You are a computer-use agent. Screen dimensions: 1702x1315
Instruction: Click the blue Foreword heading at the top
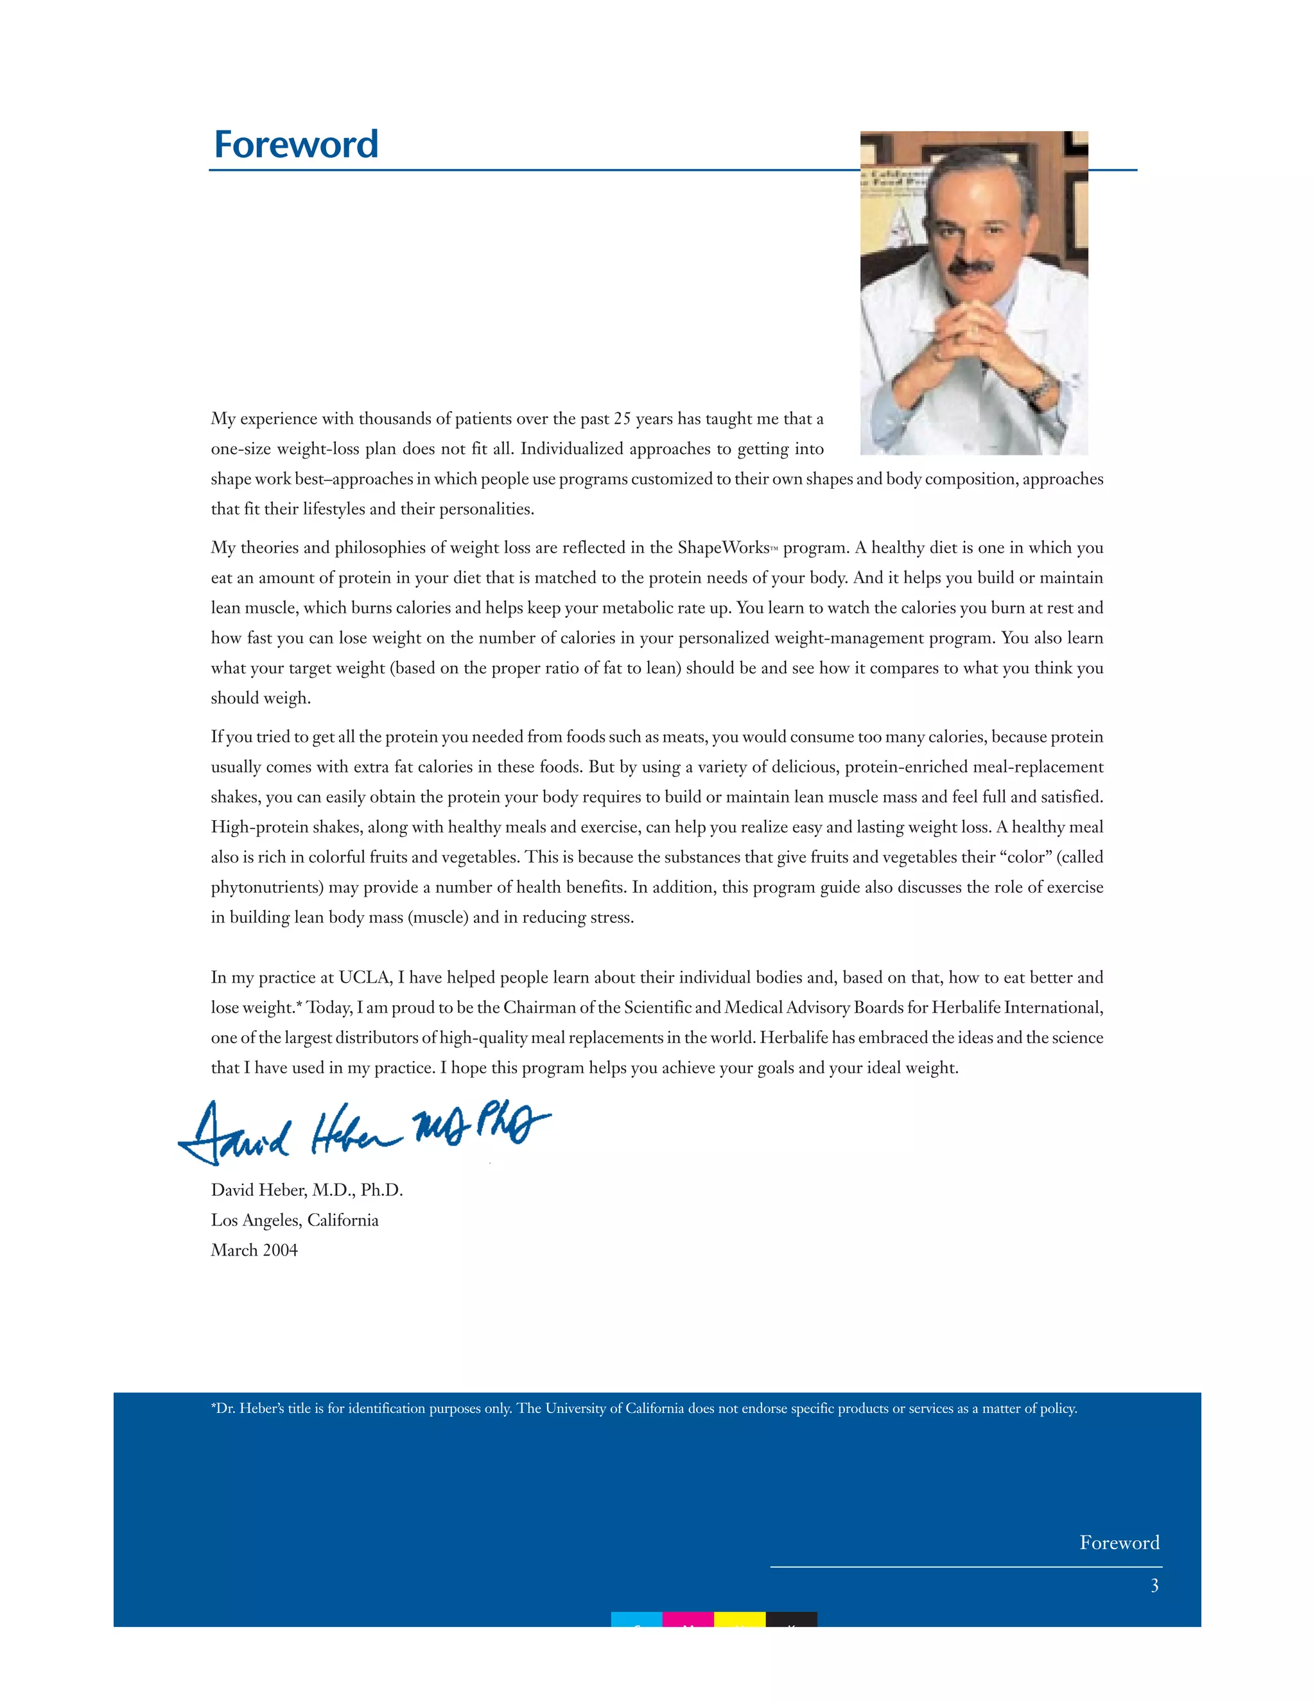point(295,145)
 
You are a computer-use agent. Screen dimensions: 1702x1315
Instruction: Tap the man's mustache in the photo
point(971,267)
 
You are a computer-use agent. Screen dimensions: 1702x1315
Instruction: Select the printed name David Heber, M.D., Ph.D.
point(306,1190)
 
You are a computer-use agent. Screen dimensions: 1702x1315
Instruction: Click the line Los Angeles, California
point(295,1220)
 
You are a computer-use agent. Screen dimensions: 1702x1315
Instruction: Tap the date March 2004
point(254,1250)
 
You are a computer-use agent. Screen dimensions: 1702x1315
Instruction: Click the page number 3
point(1154,1585)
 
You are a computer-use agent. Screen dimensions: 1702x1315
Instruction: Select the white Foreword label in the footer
point(1119,1542)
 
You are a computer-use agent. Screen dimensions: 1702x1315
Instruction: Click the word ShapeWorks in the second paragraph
point(723,548)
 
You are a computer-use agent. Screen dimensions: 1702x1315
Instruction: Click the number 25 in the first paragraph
point(622,419)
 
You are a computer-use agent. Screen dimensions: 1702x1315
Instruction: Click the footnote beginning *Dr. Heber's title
point(643,1408)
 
